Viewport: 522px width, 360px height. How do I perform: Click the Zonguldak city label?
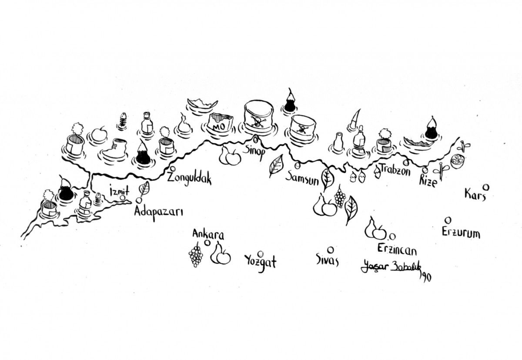pyautogui.click(x=189, y=179)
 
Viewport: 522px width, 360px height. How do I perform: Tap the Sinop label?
pyautogui.click(x=254, y=153)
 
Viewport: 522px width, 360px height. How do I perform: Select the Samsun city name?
pyautogui.click(x=302, y=178)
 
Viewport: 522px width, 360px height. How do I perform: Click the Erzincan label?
pyautogui.click(x=397, y=250)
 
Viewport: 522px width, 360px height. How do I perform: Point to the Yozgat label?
pyautogui.click(x=261, y=262)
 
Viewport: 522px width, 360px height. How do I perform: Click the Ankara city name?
pyautogui.click(x=208, y=234)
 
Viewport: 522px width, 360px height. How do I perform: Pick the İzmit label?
pyautogui.click(x=119, y=191)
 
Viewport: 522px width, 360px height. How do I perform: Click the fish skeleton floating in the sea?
pyautogui.click(x=122, y=121)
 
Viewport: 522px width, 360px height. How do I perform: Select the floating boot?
pyautogui.click(x=114, y=148)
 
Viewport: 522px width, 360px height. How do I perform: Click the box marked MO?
pyautogui.click(x=221, y=123)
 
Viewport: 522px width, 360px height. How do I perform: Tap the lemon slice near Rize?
pyautogui.click(x=457, y=161)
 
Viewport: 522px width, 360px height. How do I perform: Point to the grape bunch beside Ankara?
pyautogui.click(x=196, y=255)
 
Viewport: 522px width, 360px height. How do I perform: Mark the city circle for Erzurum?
pyautogui.click(x=448, y=220)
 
